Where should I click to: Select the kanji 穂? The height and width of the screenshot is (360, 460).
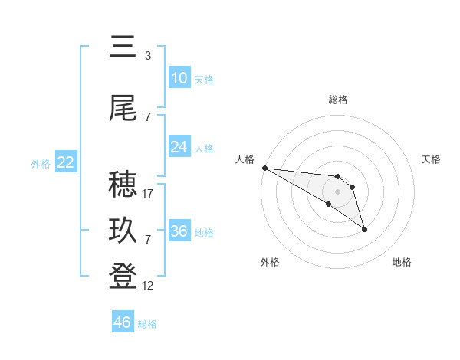[123, 185]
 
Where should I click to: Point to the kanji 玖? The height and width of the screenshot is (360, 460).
[123, 231]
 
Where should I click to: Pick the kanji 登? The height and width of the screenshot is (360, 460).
[123, 277]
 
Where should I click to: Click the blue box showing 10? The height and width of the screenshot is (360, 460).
[179, 78]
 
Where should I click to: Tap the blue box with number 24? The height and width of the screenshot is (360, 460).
[179, 147]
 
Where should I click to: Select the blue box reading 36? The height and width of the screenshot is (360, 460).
[179, 231]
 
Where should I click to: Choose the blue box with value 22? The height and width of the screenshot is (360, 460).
[65, 162]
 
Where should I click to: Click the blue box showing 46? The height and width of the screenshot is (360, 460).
[123, 322]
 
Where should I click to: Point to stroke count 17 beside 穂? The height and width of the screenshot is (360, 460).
[148, 194]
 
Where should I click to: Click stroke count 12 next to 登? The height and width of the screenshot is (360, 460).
[148, 286]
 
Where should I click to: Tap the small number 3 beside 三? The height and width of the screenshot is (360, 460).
[147, 56]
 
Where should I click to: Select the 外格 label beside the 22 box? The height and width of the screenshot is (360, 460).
[41, 163]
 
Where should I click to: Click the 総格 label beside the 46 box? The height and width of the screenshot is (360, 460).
[147, 324]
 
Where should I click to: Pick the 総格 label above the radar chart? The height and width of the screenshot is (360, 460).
[338, 100]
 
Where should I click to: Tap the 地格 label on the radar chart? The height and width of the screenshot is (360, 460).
[402, 262]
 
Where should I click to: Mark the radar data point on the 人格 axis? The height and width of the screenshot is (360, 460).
[264, 168]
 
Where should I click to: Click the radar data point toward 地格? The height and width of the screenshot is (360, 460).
[364, 229]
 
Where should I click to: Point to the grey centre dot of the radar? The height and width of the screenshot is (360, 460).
[337, 191]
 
